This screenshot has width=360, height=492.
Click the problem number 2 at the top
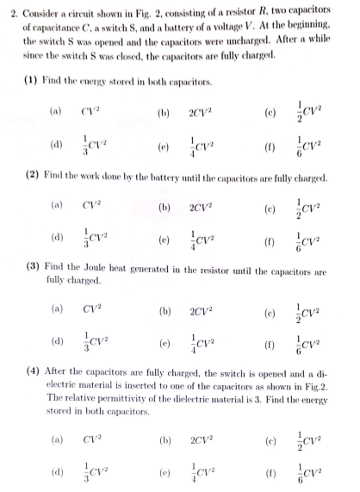6,16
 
